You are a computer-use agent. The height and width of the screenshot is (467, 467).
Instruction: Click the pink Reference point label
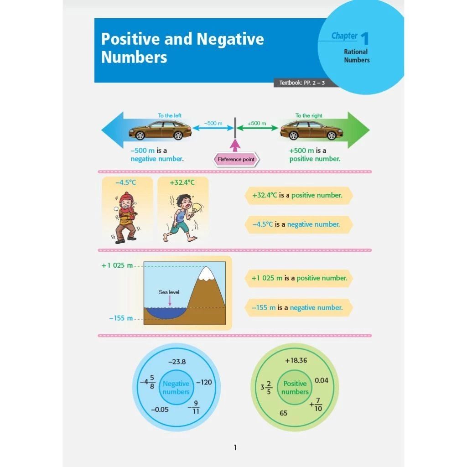point(236,160)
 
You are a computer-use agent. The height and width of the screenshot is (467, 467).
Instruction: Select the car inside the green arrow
point(311,131)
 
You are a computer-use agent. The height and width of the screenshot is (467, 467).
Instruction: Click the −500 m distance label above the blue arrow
point(213,124)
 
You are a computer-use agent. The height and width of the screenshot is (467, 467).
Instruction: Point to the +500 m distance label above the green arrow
point(257,124)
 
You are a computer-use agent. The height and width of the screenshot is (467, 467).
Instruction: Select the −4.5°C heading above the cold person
point(125,182)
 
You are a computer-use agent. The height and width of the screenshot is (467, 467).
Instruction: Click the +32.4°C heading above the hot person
point(182,182)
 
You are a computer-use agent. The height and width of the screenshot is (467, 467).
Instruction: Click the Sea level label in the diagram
point(169,292)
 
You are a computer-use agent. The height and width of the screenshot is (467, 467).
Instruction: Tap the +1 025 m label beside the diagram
point(117,265)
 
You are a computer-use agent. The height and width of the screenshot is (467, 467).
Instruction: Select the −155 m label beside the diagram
point(121,318)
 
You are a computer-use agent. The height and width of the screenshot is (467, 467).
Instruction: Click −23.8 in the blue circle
point(177,362)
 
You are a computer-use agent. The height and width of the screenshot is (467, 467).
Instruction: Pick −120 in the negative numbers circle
point(204,382)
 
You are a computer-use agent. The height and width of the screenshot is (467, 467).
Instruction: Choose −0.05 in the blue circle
point(160,410)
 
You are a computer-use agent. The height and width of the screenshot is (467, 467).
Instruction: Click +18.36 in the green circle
point(296,360)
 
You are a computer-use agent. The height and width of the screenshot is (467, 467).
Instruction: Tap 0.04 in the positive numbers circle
point(321,380)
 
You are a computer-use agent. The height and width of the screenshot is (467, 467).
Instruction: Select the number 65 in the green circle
point(284,413)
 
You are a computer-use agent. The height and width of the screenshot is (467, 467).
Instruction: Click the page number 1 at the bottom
point(235,447)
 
